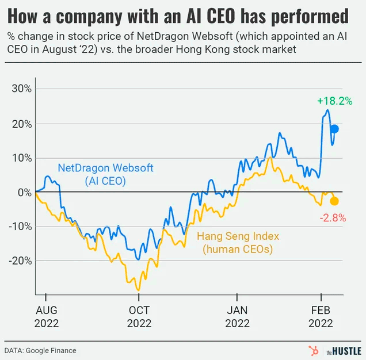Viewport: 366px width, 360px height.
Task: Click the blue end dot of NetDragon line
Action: click(334, 129)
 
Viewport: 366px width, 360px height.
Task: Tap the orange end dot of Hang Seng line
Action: click(334, 201)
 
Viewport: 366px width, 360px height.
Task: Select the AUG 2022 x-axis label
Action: click(46, 317)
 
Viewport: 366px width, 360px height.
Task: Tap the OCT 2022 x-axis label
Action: click(139, 317)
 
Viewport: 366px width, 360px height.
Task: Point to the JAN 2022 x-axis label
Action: click(237, 317)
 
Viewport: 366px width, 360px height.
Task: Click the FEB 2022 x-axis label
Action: click(320, 317)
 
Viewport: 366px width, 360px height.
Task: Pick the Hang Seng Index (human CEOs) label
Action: click(238, 243)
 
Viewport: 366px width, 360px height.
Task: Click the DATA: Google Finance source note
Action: click(40, 350)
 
